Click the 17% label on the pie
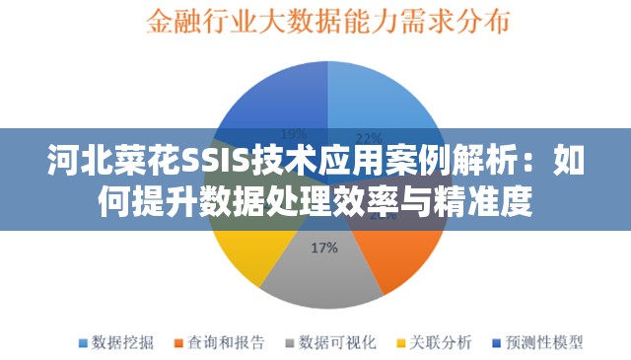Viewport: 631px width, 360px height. (x=324, y=248)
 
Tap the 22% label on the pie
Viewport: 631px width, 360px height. (x=368, y=137)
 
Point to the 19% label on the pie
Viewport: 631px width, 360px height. (x=294, y=133)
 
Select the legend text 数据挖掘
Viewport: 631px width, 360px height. (x=122, y=342)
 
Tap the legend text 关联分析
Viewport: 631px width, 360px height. (x=441, y=342)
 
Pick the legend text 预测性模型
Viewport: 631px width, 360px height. (x=544, y=342)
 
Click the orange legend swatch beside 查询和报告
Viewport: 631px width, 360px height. (x=179, y=343)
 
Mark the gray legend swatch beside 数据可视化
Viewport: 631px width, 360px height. (x=291, y=343)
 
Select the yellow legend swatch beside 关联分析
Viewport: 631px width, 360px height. (x=401, y=343)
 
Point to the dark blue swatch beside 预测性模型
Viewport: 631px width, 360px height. (x=497, y=343)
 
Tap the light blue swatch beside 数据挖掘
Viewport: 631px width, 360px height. (x=83, y=343)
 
